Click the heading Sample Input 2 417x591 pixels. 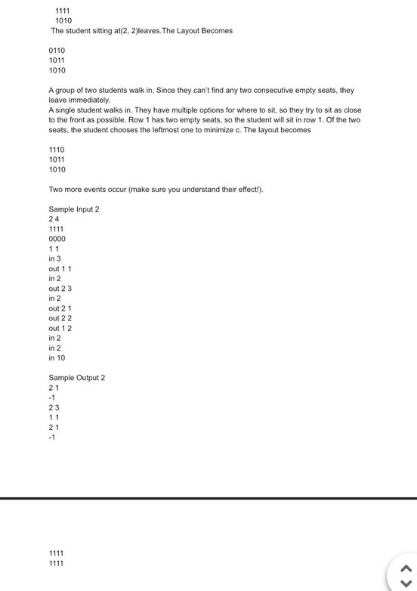click(73, 209)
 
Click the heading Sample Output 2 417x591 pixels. click(76, 378)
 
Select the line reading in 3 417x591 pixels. click(54, 259)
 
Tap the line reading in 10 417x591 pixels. click(57, 358)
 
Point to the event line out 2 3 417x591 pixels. click(60, 289)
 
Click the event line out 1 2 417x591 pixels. click(60, 329)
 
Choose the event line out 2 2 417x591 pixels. click(60, 319)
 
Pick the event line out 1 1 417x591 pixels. click(60, 269)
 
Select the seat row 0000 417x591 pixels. click(57, 239)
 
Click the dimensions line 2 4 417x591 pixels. click(54, 219)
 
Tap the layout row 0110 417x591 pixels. click(57, 51)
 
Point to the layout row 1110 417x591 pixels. click(57, 150)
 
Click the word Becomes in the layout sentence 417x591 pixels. click(217, 31)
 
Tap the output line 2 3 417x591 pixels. click(54, 407)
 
